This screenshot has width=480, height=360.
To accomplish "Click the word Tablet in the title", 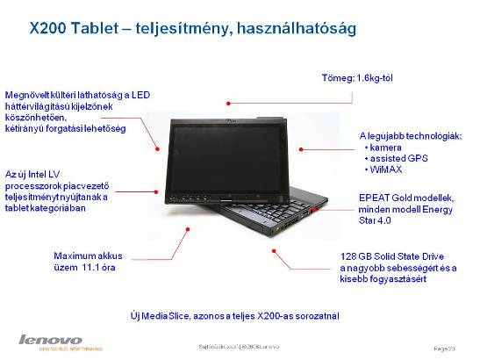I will point(104,28).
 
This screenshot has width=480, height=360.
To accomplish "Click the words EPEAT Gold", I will point(384,199).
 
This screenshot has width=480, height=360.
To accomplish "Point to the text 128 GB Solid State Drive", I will point(396,256).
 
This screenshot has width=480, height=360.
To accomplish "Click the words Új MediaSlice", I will point(161,313).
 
